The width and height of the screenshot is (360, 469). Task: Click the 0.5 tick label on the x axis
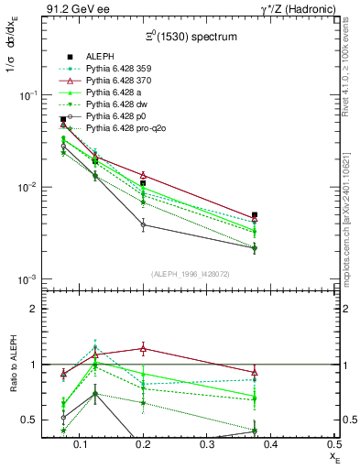click(336, 445)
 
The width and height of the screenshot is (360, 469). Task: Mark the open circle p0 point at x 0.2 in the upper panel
click(143, 224)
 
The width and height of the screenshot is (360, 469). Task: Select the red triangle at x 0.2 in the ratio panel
click(143, 348)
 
